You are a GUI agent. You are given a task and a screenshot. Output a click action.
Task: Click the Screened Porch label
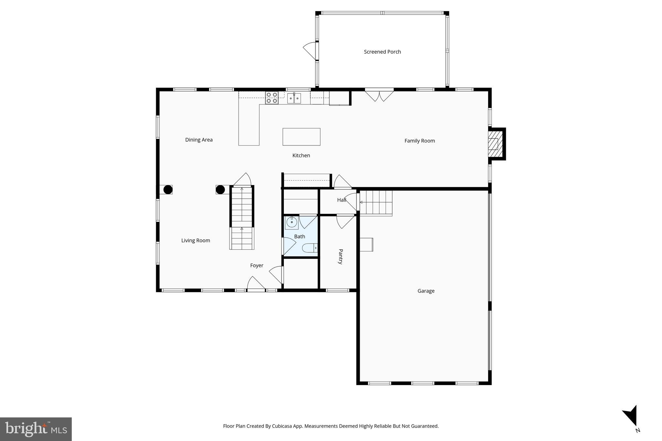(x=382, y=52)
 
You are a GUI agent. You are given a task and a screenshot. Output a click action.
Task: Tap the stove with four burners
(x=272, y=98)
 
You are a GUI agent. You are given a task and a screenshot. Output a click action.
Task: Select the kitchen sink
(x=294, y=98)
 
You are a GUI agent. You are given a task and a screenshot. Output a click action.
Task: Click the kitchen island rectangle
(x=301, y=137)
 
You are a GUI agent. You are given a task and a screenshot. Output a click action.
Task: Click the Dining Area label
(x=199, y=140)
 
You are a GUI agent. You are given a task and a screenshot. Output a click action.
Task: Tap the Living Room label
(x=196, y=240)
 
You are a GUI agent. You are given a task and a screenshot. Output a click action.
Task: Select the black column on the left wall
(x=168, y=190)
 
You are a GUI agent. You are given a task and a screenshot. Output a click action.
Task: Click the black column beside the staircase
(x=220, y=190)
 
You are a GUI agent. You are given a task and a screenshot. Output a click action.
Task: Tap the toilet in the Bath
(x=309, y=248)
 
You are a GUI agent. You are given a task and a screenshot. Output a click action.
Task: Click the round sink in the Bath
(x=291, y=222)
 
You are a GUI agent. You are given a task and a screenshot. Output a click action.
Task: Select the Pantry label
(x=340, y=257)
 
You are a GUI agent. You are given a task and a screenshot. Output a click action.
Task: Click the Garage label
(x=426, y=291)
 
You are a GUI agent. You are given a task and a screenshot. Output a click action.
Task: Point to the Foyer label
(x=257, y=266)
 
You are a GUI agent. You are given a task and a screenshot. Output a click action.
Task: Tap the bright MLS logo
(x=36, y=429)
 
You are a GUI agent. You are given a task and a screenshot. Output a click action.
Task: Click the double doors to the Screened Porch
(x=379, y=95)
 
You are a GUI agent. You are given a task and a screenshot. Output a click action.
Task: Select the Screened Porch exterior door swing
(x=310, y=50)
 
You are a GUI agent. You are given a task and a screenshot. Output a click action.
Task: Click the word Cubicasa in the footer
(x=281, y=426)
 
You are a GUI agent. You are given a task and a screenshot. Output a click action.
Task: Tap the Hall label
(x=341, y=200)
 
